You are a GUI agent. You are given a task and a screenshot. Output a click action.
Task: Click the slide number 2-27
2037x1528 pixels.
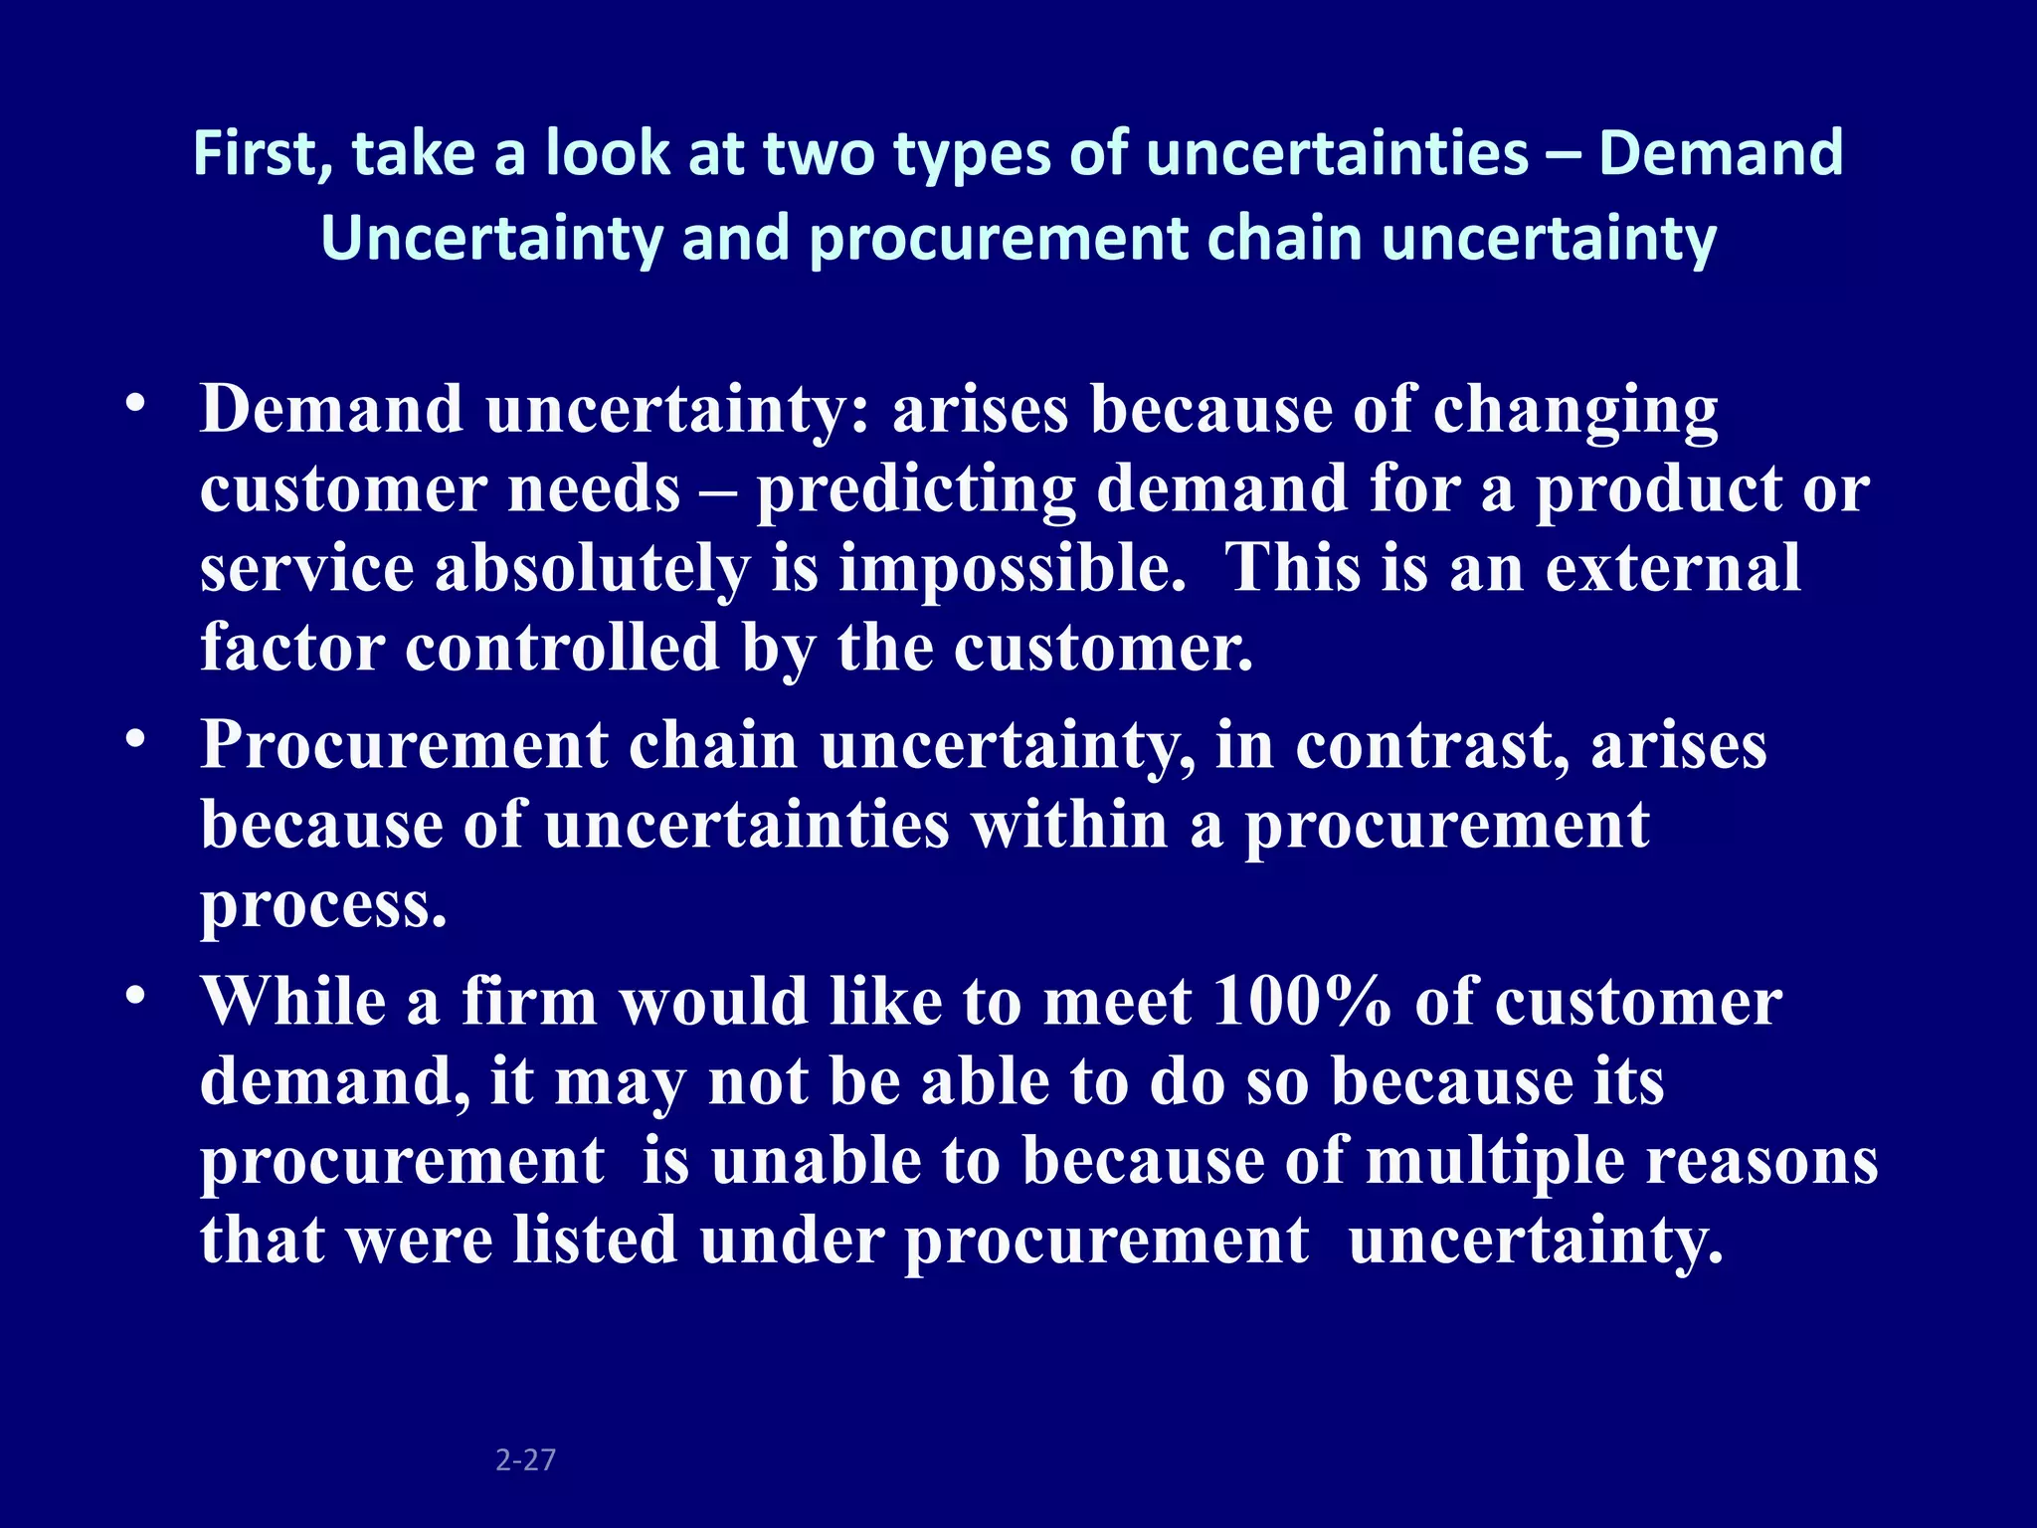pyautogui.click(x=525, y=1459)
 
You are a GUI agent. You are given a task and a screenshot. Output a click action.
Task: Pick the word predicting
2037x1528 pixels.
pyautogui.click(x=916, y=489)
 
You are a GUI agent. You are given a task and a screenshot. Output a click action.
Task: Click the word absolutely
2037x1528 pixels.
pyautogui.click(x=592, y=569)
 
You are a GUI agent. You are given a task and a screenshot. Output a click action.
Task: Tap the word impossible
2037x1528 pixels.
pyautogui.click(x=1012, y=569)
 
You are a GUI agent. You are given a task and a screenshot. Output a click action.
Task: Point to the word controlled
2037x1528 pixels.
pyautogui.click(x=562, y=648)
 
